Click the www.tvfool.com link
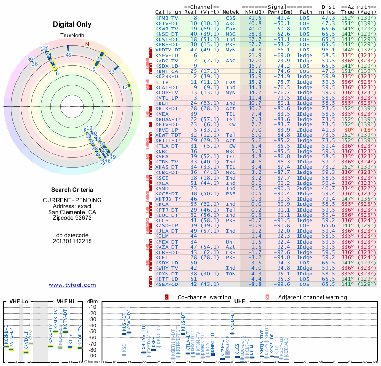click(72, 285)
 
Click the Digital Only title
click(72, 24)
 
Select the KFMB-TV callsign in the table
click(167, 18)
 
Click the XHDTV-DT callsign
click(168, 50)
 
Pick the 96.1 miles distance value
click(328, 50)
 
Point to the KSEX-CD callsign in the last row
click(167, 284)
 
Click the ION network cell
click(231, 274)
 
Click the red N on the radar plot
click(87, 44)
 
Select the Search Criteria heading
click(72, 190)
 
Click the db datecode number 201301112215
click(72, 241)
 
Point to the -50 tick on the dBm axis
click(92, 331)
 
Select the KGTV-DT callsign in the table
click(167, 23)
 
